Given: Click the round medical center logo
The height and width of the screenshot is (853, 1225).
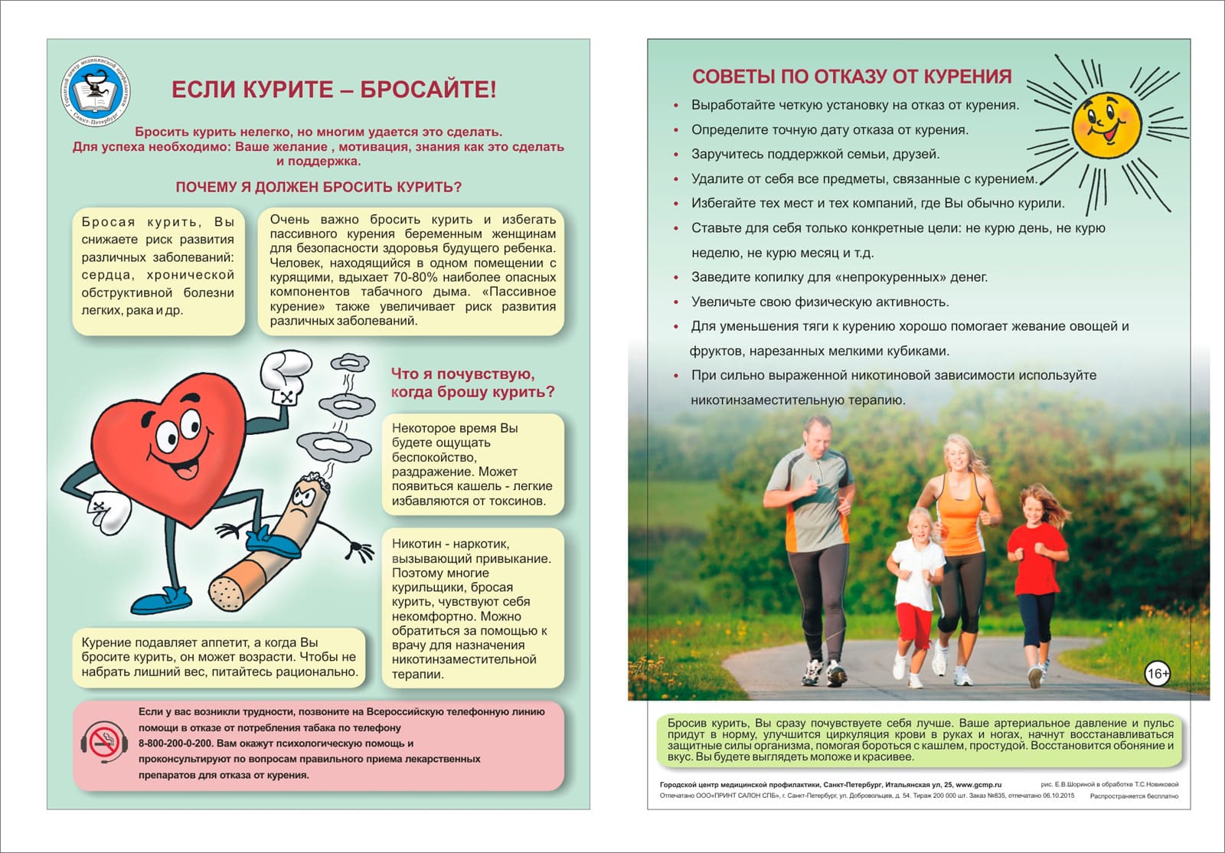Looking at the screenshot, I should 95,92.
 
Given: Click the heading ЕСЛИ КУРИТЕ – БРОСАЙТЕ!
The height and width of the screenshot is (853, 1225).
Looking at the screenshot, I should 334,90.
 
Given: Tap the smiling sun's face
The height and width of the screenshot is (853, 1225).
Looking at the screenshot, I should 1106,125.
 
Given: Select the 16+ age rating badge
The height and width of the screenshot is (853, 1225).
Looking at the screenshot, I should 1157,674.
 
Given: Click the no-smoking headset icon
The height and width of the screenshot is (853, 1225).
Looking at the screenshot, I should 103,742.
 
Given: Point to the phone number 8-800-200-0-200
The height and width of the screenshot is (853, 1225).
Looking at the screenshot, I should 175,744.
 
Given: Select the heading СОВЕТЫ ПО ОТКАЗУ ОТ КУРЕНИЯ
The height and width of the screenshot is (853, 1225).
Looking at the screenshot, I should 851,77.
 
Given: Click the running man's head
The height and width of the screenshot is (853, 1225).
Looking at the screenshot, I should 817,437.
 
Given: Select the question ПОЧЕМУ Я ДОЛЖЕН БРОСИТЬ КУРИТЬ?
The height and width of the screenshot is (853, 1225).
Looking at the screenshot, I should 318,188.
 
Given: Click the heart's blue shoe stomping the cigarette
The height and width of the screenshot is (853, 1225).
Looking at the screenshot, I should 273,543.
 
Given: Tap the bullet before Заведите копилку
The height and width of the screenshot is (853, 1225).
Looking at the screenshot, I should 676,278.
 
